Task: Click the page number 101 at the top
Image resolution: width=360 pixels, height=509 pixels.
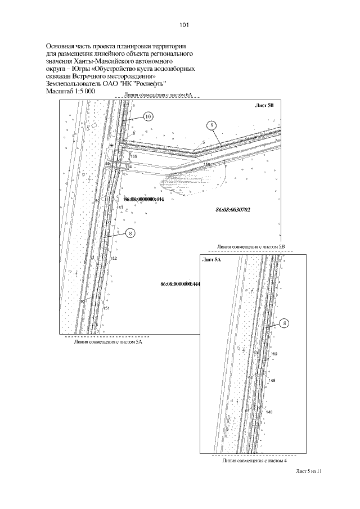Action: (185, 25)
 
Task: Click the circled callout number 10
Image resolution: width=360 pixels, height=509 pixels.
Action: (148, 116)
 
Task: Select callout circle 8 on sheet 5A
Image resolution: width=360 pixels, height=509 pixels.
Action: (285, 323)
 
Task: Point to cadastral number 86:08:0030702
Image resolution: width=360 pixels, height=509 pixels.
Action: (232, 210)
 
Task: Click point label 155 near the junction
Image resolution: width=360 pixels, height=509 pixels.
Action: (133, 156)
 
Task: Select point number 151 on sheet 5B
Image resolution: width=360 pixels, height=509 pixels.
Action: (106, 309)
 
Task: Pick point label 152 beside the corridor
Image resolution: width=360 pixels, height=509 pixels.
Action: (113, 258)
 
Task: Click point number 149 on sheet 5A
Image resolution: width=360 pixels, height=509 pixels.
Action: (272, 381)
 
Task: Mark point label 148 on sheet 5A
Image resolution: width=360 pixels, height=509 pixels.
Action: (269, 412)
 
